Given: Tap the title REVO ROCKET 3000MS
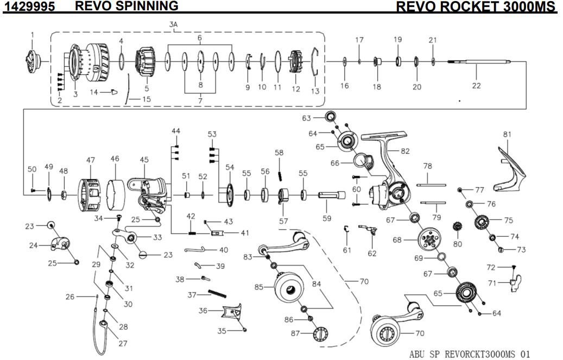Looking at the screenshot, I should [476, 7].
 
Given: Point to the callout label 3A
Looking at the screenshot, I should [173, 25].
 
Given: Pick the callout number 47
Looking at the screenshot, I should [90, 160].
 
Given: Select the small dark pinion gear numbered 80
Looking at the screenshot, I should [457, 228].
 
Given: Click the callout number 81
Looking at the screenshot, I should [507, 134].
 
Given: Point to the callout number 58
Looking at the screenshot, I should [279, 153].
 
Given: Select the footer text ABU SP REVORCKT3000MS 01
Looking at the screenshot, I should [470, 353].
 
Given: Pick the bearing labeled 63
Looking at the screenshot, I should [331, 117].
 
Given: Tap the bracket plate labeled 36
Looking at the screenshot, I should [231, 314].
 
